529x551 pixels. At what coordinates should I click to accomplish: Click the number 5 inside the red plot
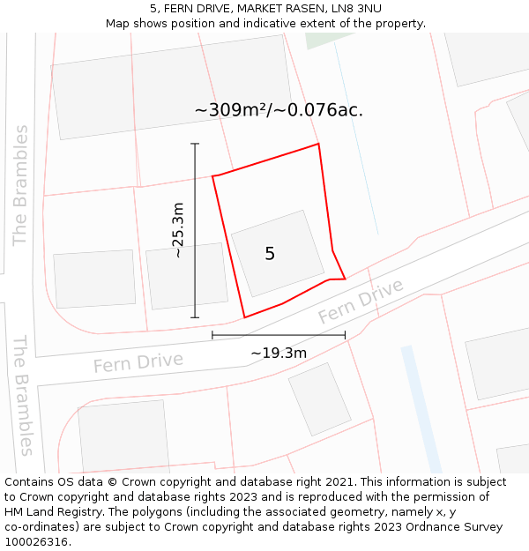click(x=270, y=254)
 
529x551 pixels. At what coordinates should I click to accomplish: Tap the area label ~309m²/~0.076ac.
click(x=279, y=110)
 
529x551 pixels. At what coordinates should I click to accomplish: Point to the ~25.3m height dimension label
click(x=178, y=230)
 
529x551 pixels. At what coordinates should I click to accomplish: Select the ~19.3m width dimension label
click(x=279, y=354)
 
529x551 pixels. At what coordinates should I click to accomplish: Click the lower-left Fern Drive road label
click(x=138, y=362)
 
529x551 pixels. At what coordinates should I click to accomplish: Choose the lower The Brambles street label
click(x=23, y=395)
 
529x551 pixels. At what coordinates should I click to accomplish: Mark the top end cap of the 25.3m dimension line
click(x=195, y=144)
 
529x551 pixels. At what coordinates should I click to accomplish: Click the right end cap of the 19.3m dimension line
click(x=345, y=335)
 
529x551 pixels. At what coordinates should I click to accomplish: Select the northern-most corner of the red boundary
click(x=318, y=144)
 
